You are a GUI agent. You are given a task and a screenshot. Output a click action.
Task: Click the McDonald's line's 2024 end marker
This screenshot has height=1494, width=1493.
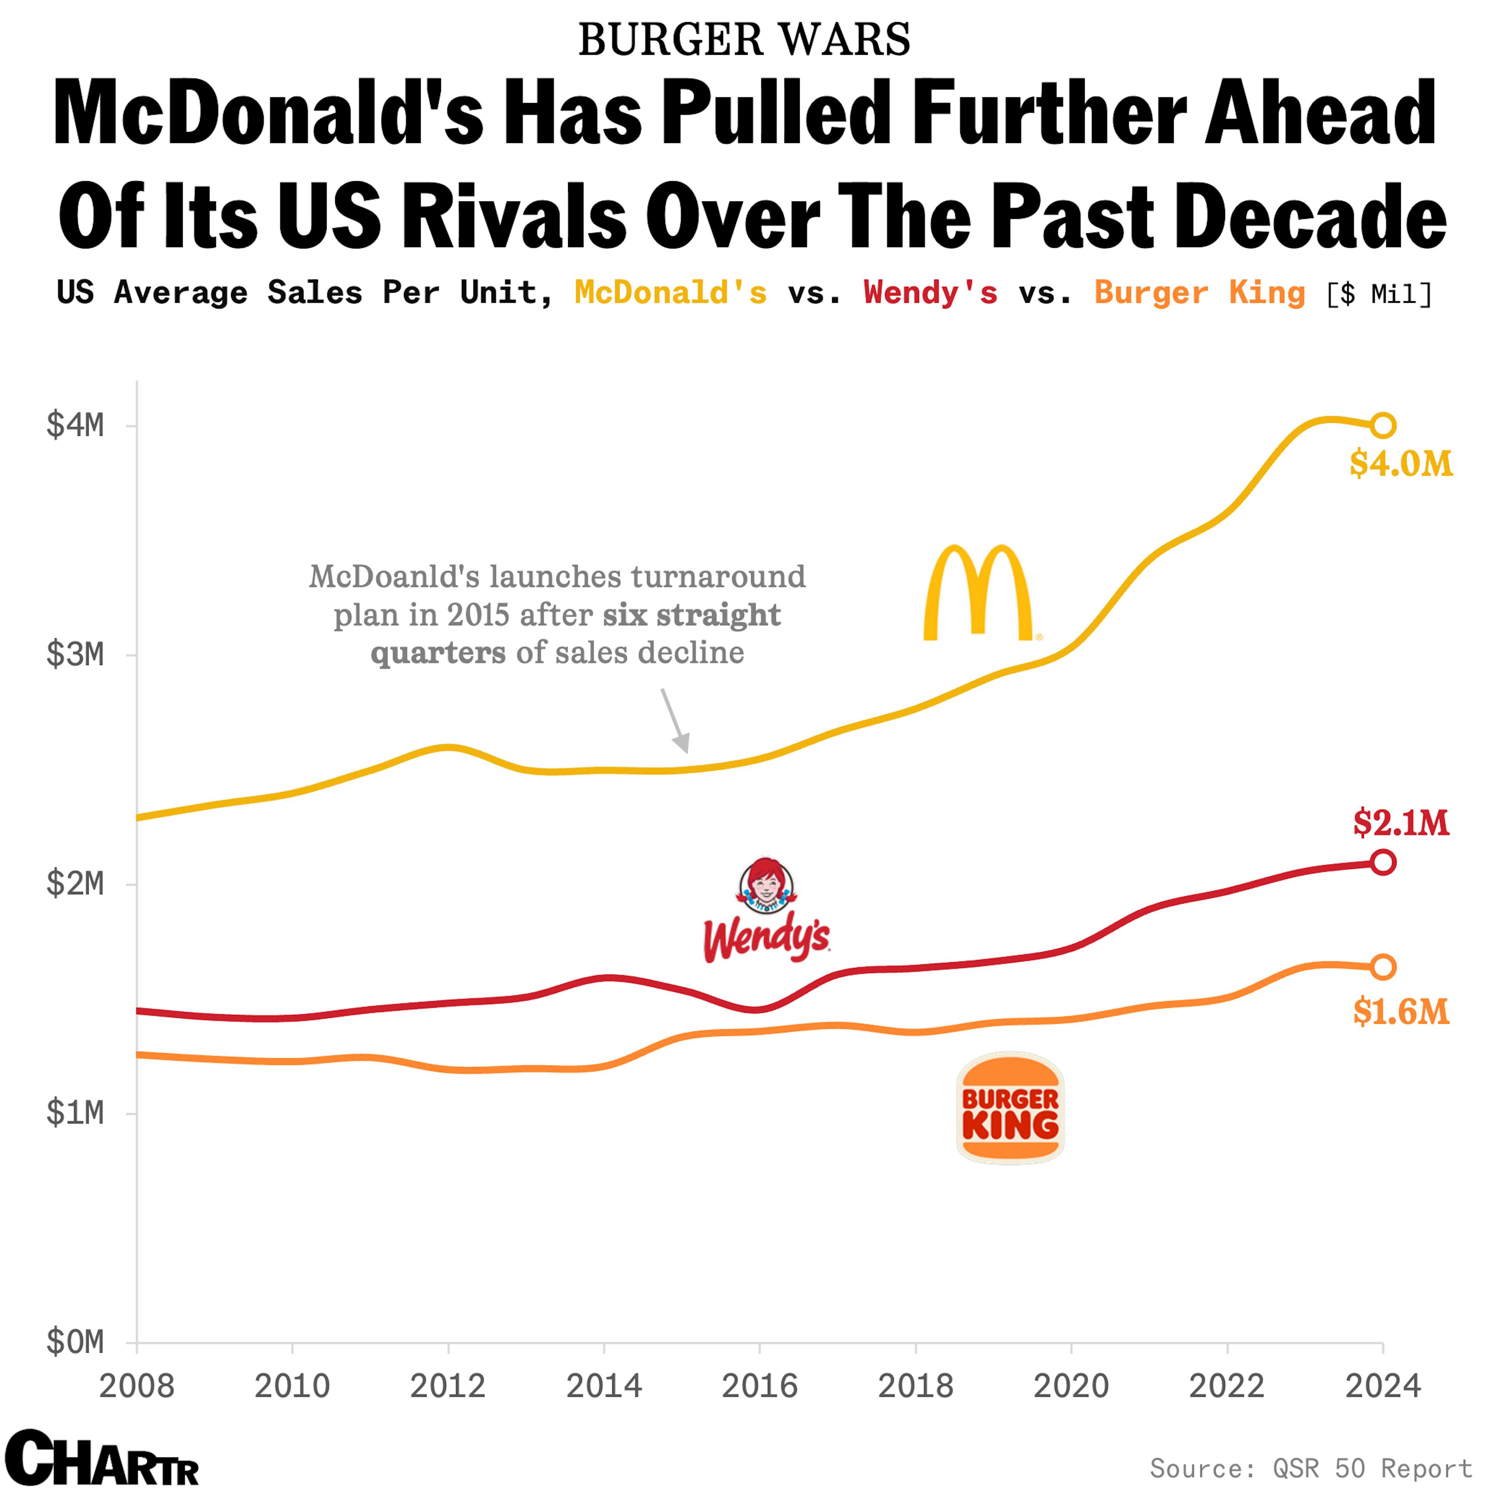point(1382,425)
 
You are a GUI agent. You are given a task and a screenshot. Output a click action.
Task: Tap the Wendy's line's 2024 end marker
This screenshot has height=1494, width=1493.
point(1382,862)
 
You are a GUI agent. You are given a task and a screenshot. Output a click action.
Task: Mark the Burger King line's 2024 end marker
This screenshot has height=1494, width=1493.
point(1382,967)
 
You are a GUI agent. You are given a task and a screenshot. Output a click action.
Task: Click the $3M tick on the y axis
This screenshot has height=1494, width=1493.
point(75,655)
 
